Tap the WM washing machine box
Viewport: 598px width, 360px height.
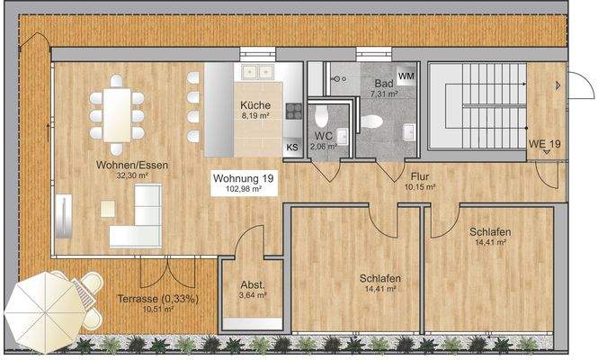pyautogui.click(x=406, y=76)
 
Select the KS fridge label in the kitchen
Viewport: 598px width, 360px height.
pyautogui.click(x=292, y=148)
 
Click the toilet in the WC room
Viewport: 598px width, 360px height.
pyautogui.click(x=322, y=117)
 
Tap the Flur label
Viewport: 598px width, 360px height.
pyautogui.click(x=420, y=176)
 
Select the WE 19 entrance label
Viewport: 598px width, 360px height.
pyautogui.click(x=544, y=144)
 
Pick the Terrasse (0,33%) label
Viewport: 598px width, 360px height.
pyautogui.click(x=158, y=299)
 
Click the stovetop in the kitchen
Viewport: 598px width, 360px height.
pyautogui.click(x=292, y=111)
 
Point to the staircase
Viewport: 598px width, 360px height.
pyautogui.click(x=476, y=107)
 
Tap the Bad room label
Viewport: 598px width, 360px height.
pyautogui.click(x=383, y=82)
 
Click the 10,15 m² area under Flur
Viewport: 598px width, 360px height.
pyautogui.click(x=420, y=188)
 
